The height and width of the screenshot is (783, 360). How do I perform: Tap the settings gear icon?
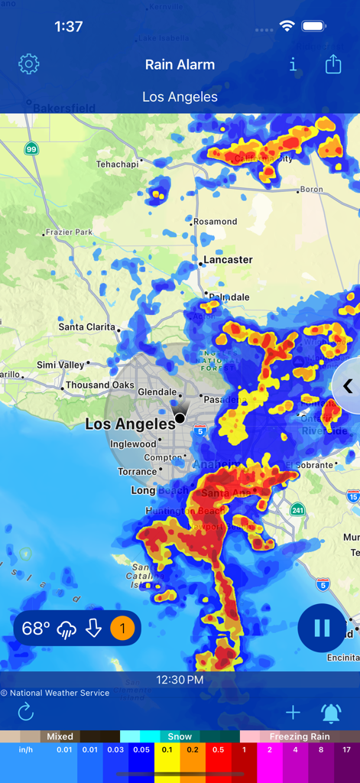point(28,64)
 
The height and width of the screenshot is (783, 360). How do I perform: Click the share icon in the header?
point(333,64)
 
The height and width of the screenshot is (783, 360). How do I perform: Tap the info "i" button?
point(293,65)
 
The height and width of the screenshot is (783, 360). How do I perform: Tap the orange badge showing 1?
point(122,629)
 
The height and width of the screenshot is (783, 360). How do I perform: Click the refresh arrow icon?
point(26,713)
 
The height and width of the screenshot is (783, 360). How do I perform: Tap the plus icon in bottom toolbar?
point(293,713)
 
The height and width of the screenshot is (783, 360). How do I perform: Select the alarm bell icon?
point(331,713)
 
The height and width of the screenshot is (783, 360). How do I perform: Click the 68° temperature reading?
point(36,629)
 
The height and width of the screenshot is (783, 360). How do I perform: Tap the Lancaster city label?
point(228,260)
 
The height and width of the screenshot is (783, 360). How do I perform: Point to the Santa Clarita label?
point(87,327)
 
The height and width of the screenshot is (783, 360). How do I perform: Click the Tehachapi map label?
point(118,164)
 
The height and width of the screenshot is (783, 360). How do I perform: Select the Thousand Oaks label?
point(99,385)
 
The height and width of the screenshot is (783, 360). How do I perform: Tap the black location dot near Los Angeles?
point(180,417)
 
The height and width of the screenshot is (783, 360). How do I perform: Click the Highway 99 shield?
point(31,148)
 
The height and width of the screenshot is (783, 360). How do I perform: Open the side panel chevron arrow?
point(348,386)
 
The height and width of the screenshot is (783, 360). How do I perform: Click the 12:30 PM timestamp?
point(180,680)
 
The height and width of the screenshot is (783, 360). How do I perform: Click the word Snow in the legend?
point(180,736)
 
